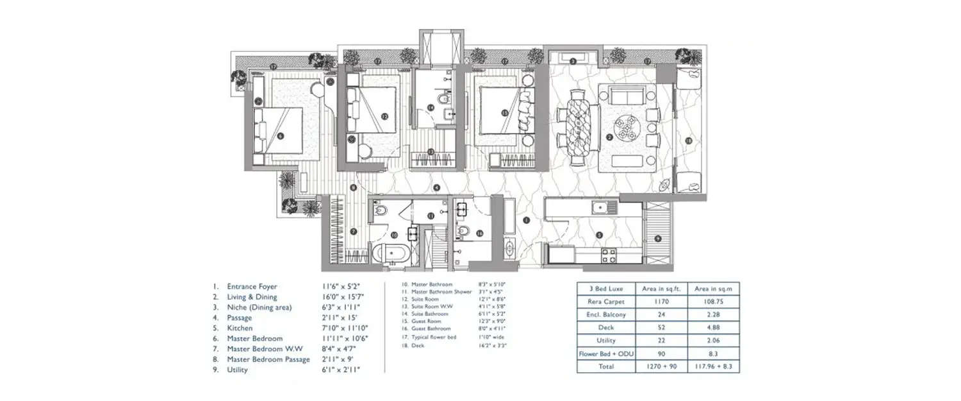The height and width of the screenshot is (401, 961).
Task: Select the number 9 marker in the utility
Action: [x=658, y=238]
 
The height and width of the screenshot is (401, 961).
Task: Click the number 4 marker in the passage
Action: [x=436, y=187]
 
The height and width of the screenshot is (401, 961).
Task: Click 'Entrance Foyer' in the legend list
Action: [x=252, y=287]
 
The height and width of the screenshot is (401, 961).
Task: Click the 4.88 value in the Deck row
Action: [x=712, y=327]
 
